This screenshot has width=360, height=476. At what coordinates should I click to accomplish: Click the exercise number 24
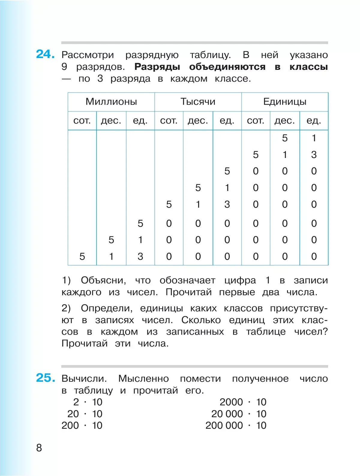(45, 54)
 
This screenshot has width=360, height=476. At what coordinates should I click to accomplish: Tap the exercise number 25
(45, 378)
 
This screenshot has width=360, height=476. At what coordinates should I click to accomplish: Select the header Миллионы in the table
(111, 102)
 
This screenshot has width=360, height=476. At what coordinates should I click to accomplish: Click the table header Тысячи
(198, 102)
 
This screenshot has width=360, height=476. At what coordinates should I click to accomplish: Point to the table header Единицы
(285, 102)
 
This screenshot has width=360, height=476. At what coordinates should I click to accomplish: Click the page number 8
(39, 448)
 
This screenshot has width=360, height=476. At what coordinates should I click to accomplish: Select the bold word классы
(309, 67)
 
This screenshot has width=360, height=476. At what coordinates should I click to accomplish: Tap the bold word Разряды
(157, 67)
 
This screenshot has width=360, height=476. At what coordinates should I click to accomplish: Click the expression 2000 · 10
(243, 402)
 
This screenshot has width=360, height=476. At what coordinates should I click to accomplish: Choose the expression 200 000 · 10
(236, 425)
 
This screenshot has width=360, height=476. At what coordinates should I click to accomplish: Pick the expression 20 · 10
(85, 414)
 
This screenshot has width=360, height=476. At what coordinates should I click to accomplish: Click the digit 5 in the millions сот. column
(82, 257)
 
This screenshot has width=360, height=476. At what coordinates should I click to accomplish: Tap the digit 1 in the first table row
(314, 138)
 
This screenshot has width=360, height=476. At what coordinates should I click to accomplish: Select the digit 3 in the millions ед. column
(140, 257)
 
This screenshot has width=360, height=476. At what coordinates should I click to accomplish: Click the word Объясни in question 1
(103, 280)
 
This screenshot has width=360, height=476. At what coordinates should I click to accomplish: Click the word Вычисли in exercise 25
(84, 379)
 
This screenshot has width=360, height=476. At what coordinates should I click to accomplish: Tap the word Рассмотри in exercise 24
(88, 55)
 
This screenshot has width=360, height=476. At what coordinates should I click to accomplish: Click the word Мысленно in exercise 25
(143, 379)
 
